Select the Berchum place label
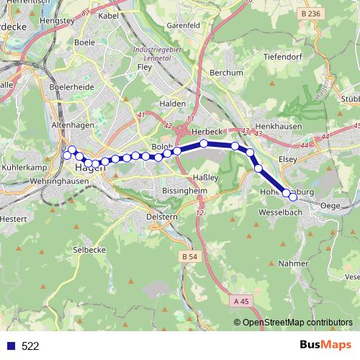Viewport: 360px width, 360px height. [x=222, y=73]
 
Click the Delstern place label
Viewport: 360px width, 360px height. [x=161, y=215]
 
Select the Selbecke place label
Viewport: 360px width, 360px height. [x=89, y=248]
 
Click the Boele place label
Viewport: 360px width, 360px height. [x=84, y=42]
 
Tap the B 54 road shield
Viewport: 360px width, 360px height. [x=189, y=257]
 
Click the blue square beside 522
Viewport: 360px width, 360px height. [x=11, y=346]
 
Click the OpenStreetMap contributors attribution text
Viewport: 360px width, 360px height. [x=297, y=323]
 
